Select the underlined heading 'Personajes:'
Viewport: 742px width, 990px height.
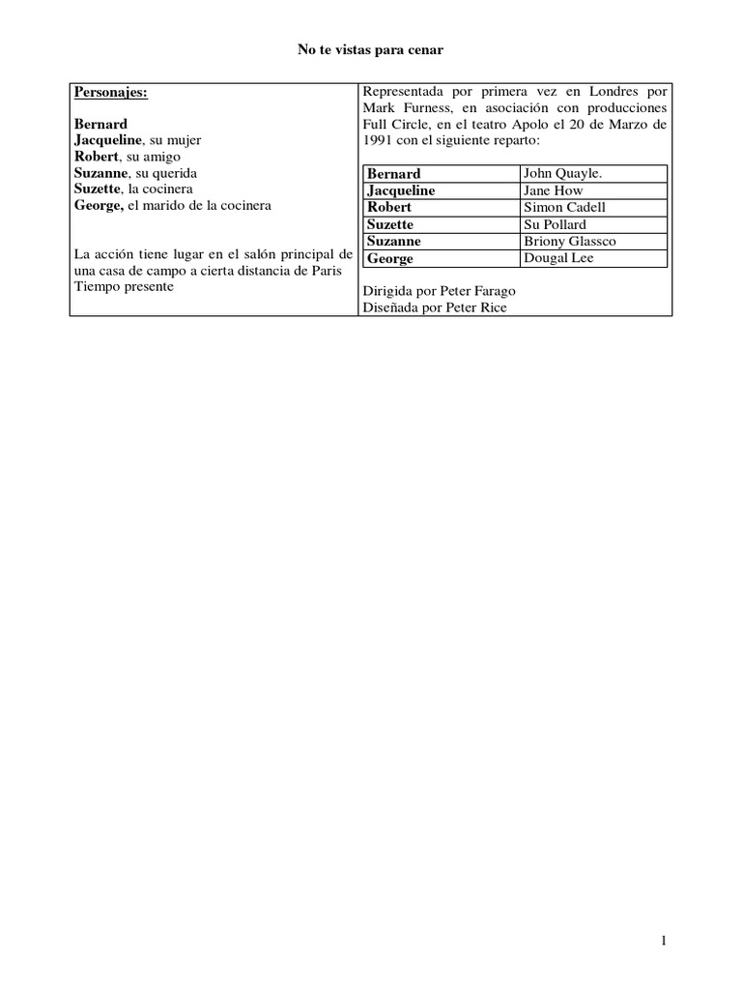coord(111,92)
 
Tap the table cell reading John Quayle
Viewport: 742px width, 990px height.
coord(561,173)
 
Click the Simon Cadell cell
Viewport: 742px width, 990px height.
coord(564,207)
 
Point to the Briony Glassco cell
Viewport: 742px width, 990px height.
coord(569,241)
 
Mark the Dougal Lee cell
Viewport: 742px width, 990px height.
coord(558,258)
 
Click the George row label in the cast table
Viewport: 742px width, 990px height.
coord(390,259)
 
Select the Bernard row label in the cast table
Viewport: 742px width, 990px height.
coord(393,174)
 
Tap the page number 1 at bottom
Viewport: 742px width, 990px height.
coord(665,941)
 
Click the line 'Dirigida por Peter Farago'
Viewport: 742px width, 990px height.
coord(438,291)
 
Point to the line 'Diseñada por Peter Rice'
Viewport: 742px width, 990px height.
coord(434,307)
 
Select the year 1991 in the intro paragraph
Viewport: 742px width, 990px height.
coord(378,139)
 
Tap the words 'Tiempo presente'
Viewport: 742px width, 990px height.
coord(123,288)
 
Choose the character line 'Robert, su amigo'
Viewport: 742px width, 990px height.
coord(127,157)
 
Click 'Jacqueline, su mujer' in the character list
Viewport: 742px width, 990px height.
coord(136,140)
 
